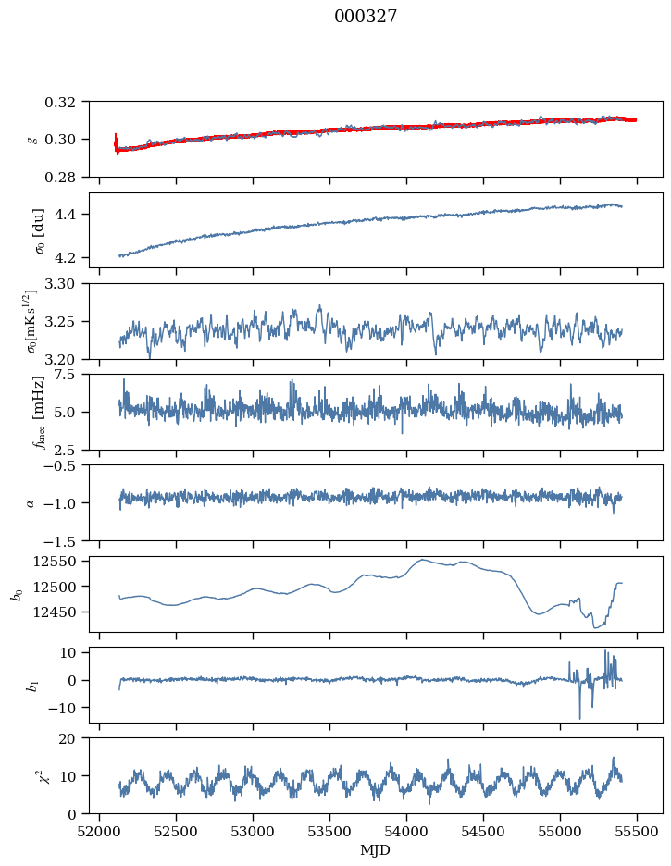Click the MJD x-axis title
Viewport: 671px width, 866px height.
pos(376,849)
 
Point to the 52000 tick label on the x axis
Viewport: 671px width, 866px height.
pos(100,831)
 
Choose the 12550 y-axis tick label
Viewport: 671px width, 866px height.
pos(62,561)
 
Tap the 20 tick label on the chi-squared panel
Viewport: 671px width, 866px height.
pos(73,738)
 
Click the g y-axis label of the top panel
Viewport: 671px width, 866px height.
pos(32,139)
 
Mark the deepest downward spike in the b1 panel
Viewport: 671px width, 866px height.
pos(580,718)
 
